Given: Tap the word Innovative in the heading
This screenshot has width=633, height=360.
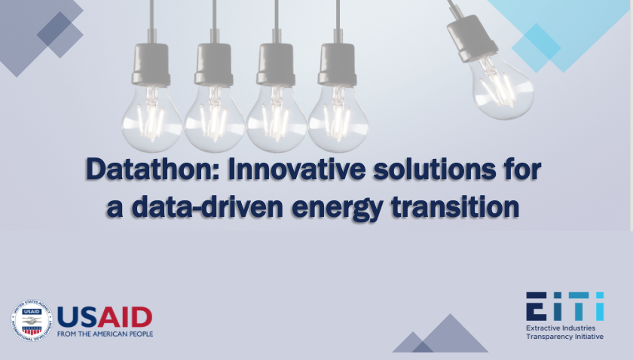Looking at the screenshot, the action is tap(297, 169).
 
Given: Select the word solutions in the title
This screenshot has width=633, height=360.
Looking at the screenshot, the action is tap(434, 169).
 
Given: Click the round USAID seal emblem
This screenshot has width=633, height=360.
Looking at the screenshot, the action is tap(32, 320).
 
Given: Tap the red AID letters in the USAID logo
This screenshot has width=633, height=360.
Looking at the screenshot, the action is tap(125, 317).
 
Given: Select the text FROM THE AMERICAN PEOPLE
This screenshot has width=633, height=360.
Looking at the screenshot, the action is tap(105, 334).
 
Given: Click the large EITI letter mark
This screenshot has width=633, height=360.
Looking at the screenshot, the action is tap(564, 307).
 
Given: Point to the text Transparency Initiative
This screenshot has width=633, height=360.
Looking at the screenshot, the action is tap(564, 337).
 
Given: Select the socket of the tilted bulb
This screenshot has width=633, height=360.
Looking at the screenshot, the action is tap(471, 38).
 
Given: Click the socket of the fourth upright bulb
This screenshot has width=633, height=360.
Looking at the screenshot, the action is tap(338, 65).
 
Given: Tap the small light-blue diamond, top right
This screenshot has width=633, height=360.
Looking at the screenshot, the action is tap(536, 48).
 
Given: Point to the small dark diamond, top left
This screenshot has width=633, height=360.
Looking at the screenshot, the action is tap(60, 35).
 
